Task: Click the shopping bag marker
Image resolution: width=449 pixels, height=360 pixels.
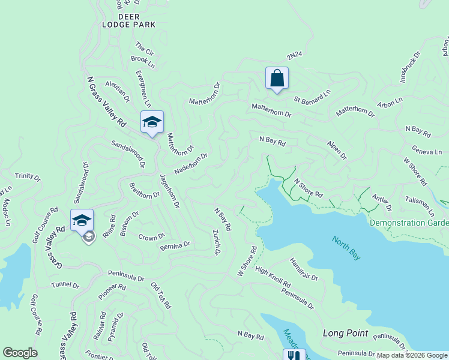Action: tap(277, 79)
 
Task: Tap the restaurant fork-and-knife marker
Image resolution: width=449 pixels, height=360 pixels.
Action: tap(294, 355)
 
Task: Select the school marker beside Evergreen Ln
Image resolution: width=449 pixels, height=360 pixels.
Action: tap(152, 122)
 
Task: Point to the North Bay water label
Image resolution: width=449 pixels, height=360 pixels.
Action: tap(347, 247)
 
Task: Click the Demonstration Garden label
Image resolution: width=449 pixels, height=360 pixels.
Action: tap(409, 223)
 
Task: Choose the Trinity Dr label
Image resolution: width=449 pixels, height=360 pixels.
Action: tap(28, 177)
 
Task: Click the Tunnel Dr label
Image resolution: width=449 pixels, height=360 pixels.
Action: tap(65, 285)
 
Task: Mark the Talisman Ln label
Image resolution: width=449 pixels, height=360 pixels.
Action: tap(420, 205)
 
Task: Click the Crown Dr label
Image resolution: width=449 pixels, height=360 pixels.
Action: tap(152, 237)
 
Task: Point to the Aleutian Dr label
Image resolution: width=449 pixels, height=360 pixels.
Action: tap(117, 91)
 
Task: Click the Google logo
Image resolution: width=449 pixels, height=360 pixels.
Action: tap(20, 353)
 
